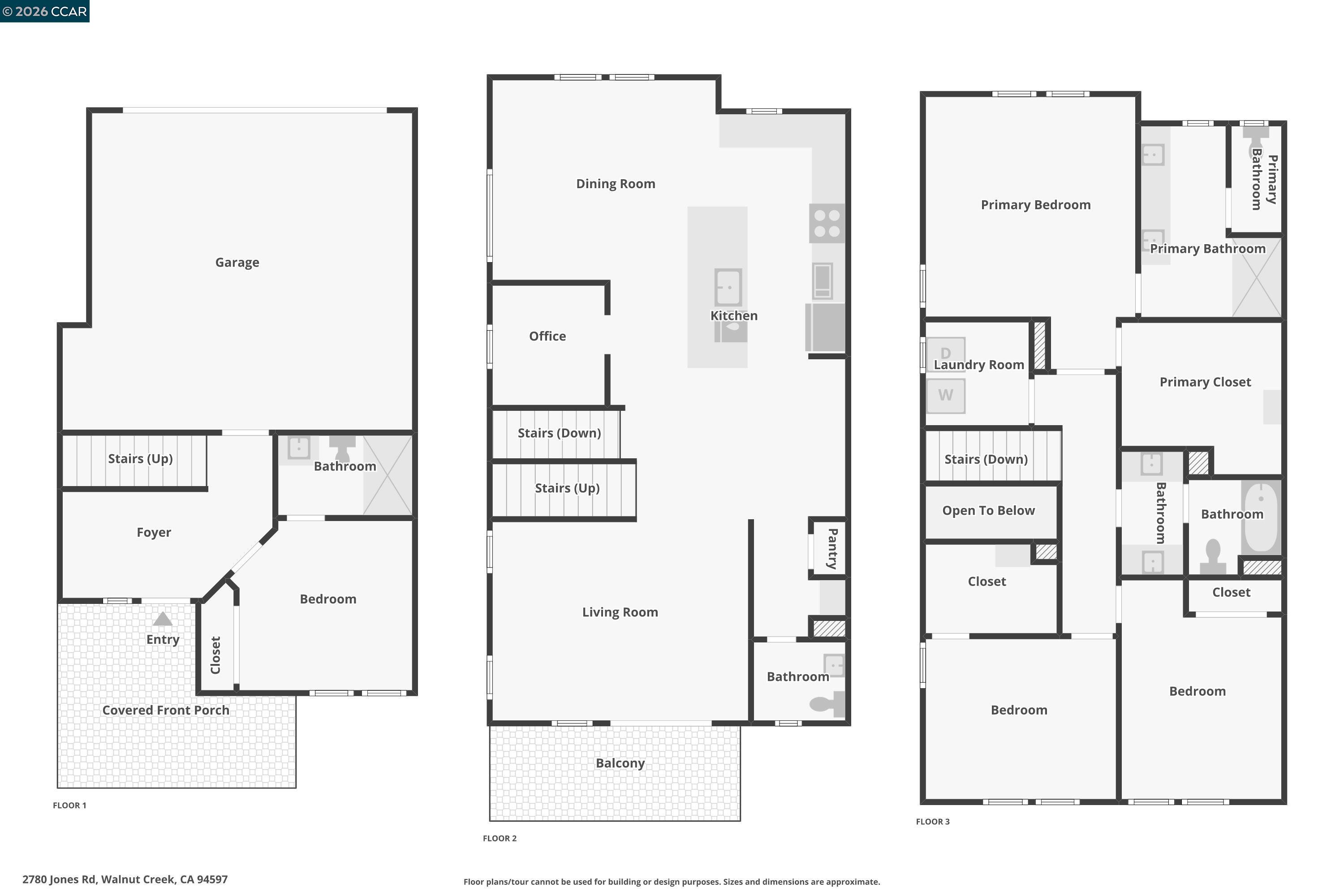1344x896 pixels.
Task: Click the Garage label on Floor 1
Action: pyautogui.click(x=237, y=262)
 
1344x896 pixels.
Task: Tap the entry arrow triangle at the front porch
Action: pyautogui.click(x=163, y=618)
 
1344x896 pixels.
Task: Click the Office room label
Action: pyautogui.click(x=547, y=336)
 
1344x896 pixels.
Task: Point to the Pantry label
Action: pyautogui.click(x=832, y=548)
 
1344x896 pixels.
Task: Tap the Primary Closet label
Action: pyautogui.click(x=1205, y=382)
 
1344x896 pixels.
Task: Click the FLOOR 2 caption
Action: pyautogui.click(x=500, y=838)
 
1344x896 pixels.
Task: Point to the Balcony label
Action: pyautogui.click(x=620, y=763)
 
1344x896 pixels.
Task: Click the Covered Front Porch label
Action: pyautogui.click(x=166, y=710)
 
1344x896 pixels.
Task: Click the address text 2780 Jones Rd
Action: pyautogui.click(x=125, y=879)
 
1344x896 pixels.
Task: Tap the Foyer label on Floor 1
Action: pyautogui.click(x=154, y=532)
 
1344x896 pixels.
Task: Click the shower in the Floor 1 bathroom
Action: pyautogui.click(x=388, y=475)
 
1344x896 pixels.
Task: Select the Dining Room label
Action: pyautogui.click(x=616, y=183)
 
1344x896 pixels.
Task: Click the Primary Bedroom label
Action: pyautogui.click(x=1035, y=205)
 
